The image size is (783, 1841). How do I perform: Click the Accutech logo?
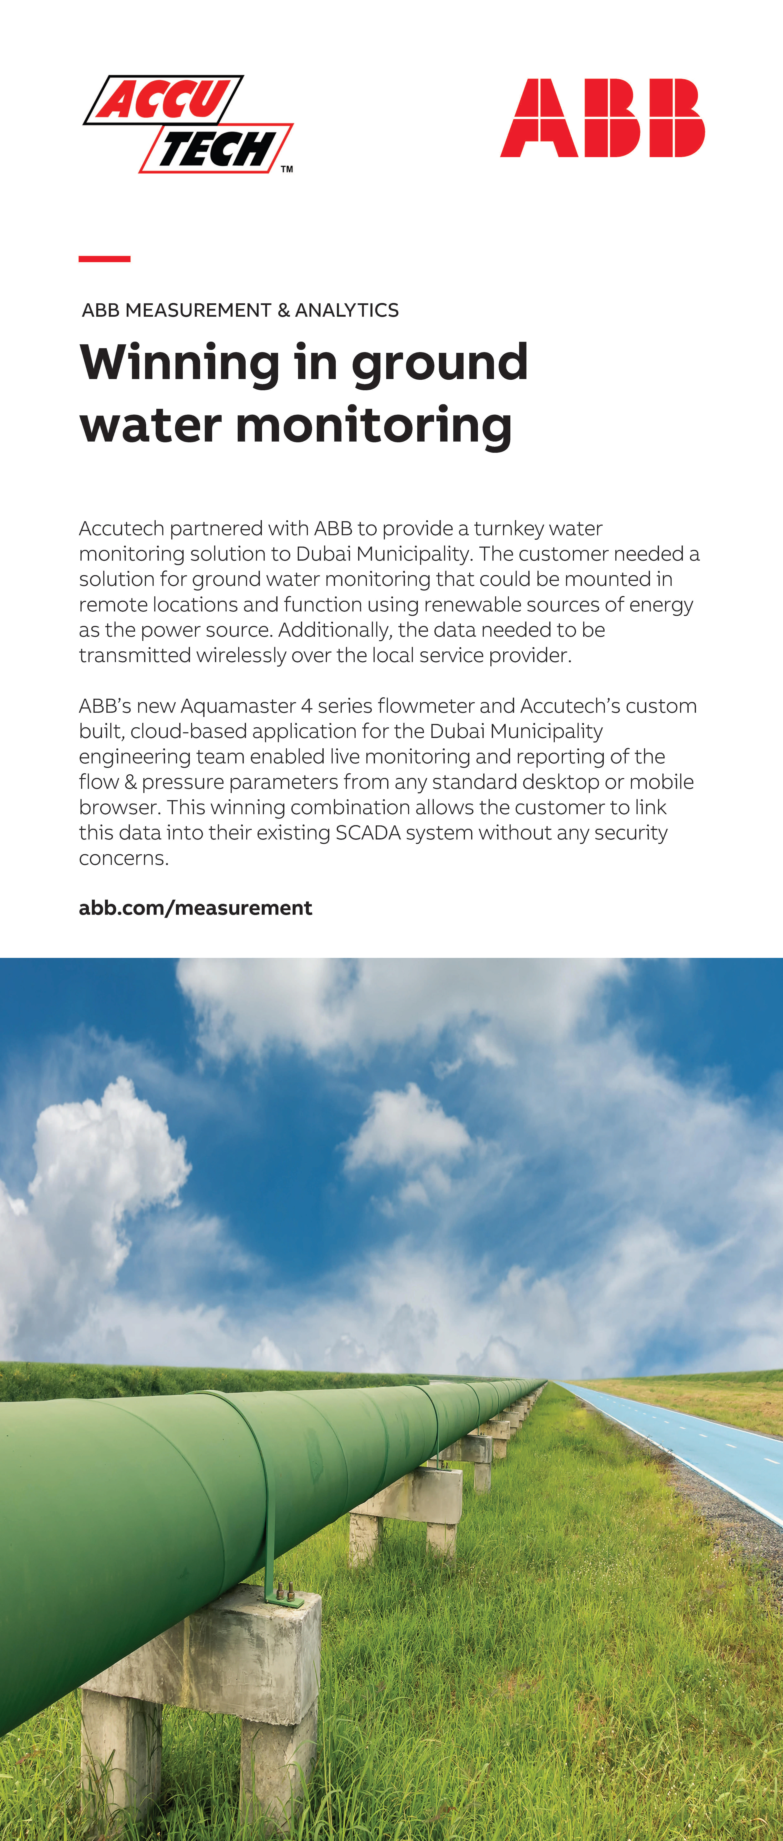pyautogui.click(x=187, y=124)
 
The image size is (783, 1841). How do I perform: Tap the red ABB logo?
pyautogui.click(x=602, y=118)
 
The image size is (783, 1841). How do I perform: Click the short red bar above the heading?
pyautogui.click(x=104, y=259)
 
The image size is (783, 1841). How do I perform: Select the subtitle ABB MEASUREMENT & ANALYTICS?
pyautogui.click(x=240, y=310)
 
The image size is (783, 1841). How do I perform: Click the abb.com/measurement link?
pyautogui.click(x=195, y=908)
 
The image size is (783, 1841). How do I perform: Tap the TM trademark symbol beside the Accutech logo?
pyautogui.click(x=287, y=169)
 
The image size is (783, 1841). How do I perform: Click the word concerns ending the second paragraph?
pyautogui.click(x=123, y=858)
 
